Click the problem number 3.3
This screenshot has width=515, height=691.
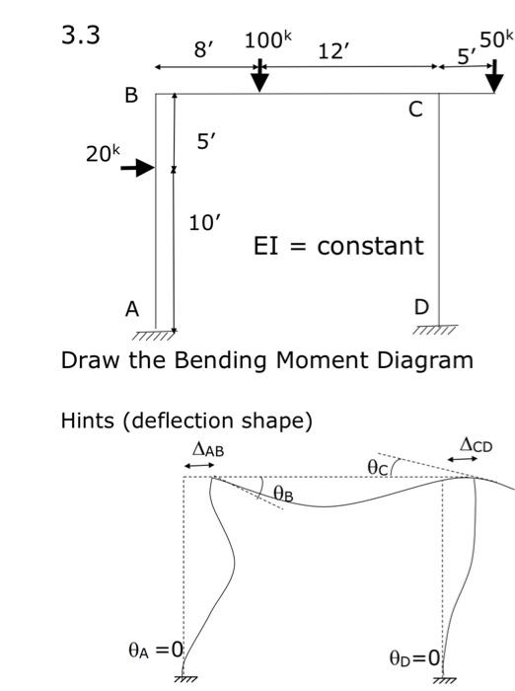pyautogui.click(x=82, y=36)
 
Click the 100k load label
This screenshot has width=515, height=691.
pyautogui.click(x=268, y=42)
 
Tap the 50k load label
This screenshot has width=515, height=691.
pyautogui.click(x=495, y=40)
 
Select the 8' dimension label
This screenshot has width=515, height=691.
pyautogui.click(x=204, y=50)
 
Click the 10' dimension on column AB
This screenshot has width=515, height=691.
pyautogui.click(x=205, y=222)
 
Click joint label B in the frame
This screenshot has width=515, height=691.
pyautogui.click(x=130, y=97)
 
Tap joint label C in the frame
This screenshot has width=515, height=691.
pyautogui.click(x=415, y=110)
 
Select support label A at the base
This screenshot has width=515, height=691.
pyautogui.click(x=131, y=309)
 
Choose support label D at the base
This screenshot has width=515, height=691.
pyautogui.click(x=421, y=307)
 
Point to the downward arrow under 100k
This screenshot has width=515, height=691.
pyautogui.click(x=258, y=76)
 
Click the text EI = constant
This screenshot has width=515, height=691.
pyautogui.click(x=338, y=246)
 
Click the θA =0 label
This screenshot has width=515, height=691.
pyautogui.click(x=156, y=650)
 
